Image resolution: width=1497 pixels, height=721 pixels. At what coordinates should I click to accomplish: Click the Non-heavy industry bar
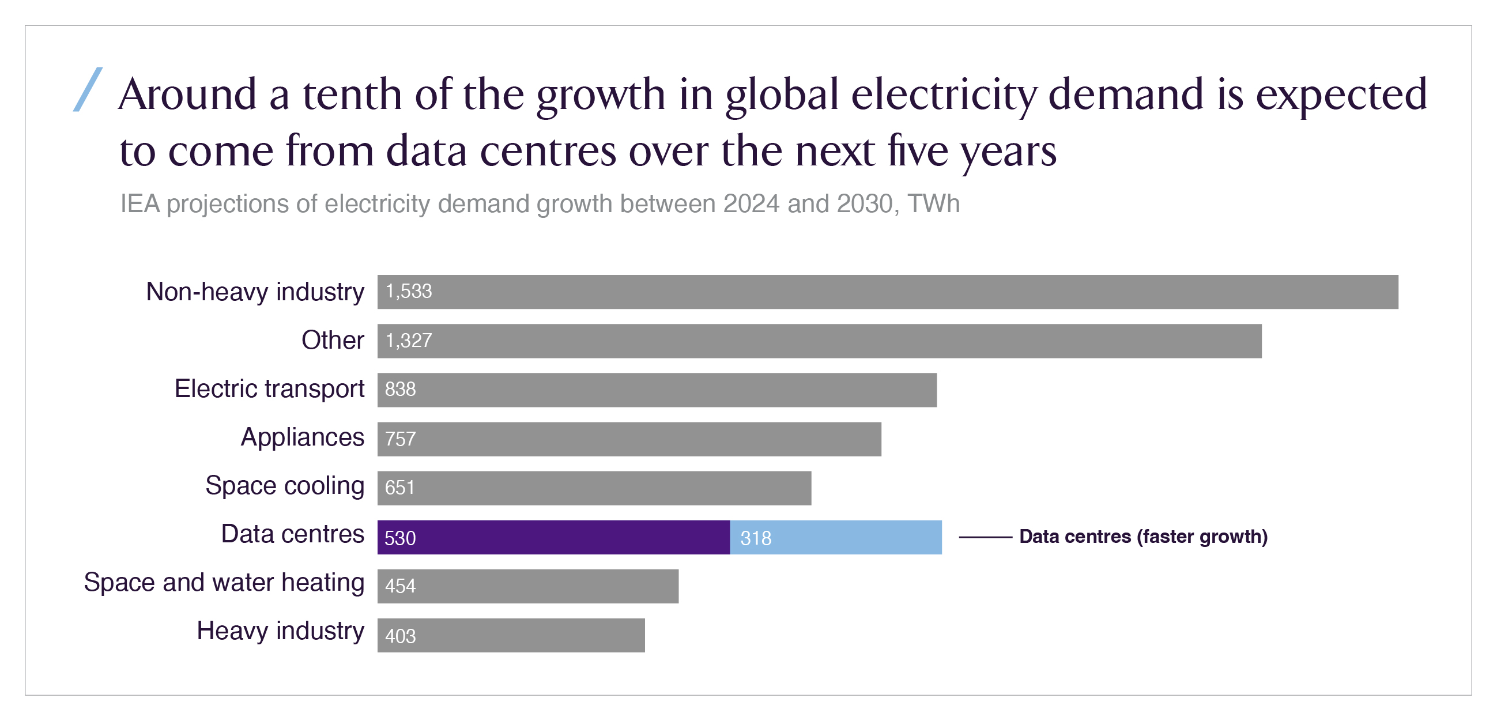click(x=887, y=292)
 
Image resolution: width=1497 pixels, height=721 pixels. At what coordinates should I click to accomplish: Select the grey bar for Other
click(x=819, y=341)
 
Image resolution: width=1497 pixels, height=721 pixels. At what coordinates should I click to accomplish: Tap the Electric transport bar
click(x=657, y=390)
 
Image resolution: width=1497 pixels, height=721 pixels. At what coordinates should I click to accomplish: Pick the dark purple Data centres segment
click(x=553, y=537)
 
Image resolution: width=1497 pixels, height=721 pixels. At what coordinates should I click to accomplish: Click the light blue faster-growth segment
click(x=836, y=537)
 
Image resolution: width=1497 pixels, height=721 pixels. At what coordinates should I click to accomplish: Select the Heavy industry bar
click(x=511, y=635)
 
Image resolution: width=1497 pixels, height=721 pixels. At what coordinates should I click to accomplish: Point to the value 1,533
click(x=409, y=292)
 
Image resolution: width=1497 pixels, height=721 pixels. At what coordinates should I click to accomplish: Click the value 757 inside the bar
click(x=401, y=439)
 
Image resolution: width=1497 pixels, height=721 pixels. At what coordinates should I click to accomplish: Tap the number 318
click(x=756, y=538)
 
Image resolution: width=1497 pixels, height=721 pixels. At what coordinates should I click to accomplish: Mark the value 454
click(x=401, y=586)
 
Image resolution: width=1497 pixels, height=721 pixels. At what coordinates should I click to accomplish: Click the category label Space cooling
click(x=285, y=486)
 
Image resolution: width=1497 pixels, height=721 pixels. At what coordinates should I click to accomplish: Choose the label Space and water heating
click(x=224, y=583)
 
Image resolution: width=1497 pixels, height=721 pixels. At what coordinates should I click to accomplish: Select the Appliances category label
click(x=302, y=437)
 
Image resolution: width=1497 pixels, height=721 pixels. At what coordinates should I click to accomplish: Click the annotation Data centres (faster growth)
click(x=1143, y=536)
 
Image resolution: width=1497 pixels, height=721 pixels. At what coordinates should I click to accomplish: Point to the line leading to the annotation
click(x=985, y=537)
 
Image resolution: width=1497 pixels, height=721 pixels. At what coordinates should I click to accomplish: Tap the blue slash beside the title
click(x=88, y=89)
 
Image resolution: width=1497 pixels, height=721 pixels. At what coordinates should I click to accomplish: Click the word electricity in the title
click(x=944, y=94)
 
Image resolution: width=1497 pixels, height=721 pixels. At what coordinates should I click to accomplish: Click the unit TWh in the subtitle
click(x=934, y=204)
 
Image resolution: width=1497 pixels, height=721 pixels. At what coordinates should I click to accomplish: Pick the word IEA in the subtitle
click(x=139, y=204)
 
